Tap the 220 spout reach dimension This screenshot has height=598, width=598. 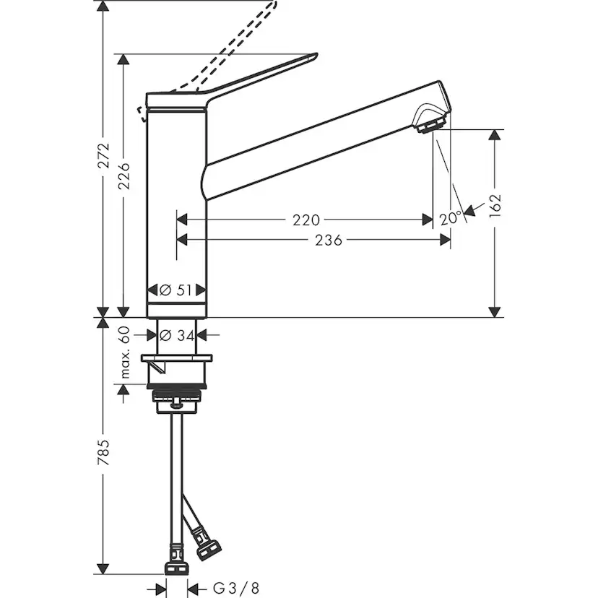(x=306, y=219)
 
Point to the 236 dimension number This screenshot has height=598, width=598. (x=328, y=240)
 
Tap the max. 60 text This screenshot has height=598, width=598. (x=124, y=352)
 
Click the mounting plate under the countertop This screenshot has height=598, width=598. (x=177, y=359)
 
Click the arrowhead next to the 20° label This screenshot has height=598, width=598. (x=469, y=211)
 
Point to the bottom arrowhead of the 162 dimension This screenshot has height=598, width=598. (x=495, y=311)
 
